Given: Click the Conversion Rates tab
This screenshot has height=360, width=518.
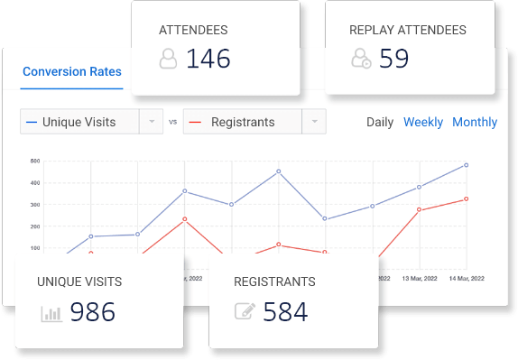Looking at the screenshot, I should pyautogui.click(x=72, y=72).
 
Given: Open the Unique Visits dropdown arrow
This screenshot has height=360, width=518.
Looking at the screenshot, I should pyautogui.click(x=151, y=122).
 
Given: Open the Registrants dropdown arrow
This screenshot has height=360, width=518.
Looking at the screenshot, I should pyautogui.click(x=314, y=122).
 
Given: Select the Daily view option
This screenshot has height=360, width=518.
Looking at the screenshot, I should pyautogui.click(x=380, y=122).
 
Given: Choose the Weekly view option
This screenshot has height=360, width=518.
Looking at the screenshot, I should pyautogui.click(x=423, y=122).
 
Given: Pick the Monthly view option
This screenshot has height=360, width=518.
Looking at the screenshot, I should pyautogui.click(x=475, y=122).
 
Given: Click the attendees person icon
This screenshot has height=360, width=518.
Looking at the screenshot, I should pyautogui.click(x=168, y=59).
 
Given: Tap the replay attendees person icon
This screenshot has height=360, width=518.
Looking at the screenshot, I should pyautogui.click(x=361, y=59).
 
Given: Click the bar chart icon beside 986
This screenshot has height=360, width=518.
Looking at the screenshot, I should pyautogui.click(x=51, y=313).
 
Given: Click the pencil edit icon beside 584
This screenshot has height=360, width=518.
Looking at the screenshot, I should pyautogui.click(x=245, y=312).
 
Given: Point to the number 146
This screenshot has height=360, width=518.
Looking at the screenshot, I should pyautogui.click(x=208, y=59).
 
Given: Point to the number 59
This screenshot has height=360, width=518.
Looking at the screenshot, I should pyautogui.click(x=394, y=59).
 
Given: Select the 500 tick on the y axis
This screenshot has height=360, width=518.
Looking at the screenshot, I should pyautogui.click(x=35, y=162).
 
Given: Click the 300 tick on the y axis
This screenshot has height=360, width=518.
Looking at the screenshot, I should pyautogui.click(x=35, y=205).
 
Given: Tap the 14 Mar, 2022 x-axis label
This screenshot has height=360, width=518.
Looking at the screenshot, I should pyautogui.click(x=466, y=278).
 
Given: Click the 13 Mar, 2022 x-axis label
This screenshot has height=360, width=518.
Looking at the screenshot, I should pyautogui.click(x=420, y=278).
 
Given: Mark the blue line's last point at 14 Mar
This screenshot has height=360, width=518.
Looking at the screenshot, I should pyautogui.click(x=466, y=165).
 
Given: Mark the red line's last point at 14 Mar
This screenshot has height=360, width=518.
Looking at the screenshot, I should pyautogui.click(x=466, y=198).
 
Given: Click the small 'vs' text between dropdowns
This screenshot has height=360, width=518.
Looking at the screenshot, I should pyautogui.click(x=173, y=122).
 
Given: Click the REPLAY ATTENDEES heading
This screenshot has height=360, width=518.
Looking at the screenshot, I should pyautogui.click(x=408, y=30).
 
